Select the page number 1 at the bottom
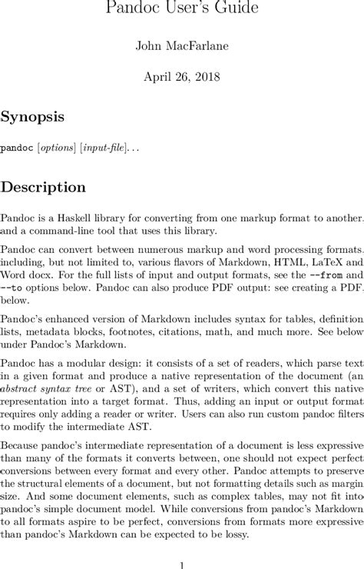pos(182,564)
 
